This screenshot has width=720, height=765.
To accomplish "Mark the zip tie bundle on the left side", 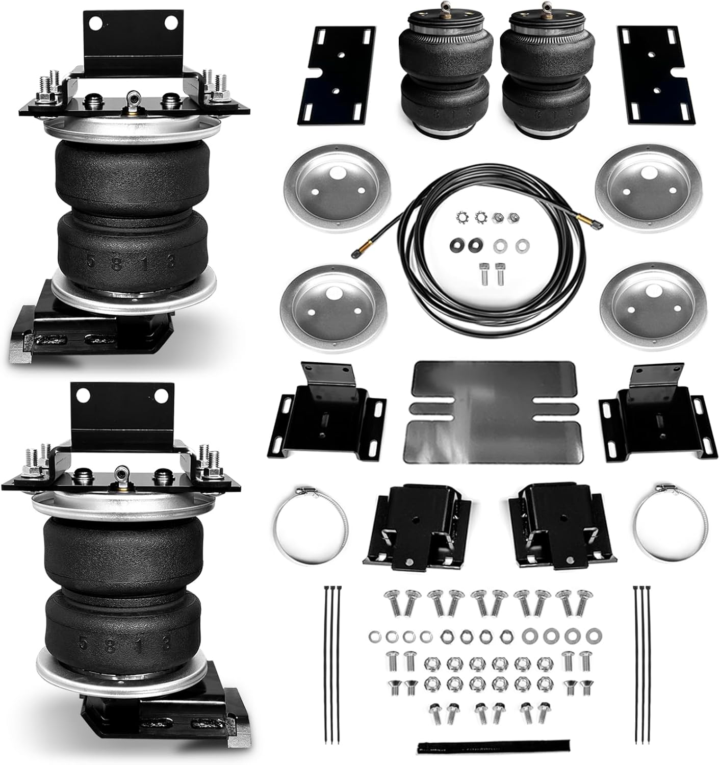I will coord(331,663).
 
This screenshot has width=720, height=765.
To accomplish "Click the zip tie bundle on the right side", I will coord(642,663).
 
